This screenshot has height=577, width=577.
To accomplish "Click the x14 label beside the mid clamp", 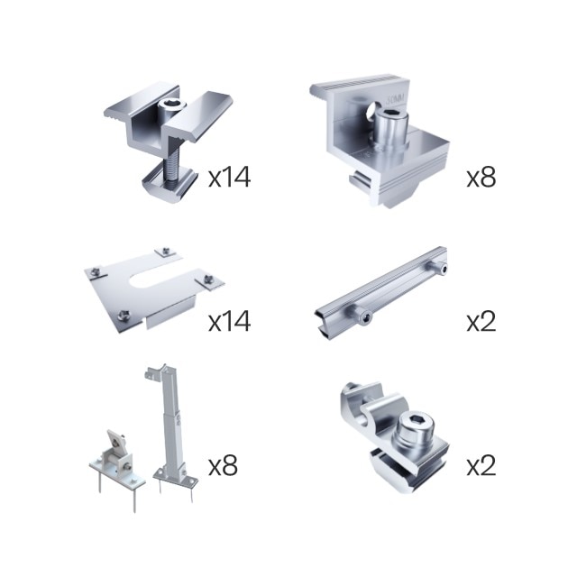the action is (230, 177).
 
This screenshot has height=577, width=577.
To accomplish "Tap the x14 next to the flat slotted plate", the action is (230, 321).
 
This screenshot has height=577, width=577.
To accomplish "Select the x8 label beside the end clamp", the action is (481, 177).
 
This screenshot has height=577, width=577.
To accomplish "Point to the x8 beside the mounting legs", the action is (223, 465).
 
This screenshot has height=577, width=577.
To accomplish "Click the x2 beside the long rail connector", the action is (481, 321).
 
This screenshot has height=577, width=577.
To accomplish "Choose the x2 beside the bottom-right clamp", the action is (481, 465).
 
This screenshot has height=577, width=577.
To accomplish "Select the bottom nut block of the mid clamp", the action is (169, 183).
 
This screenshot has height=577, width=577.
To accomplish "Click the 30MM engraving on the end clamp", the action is (396, 98).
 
